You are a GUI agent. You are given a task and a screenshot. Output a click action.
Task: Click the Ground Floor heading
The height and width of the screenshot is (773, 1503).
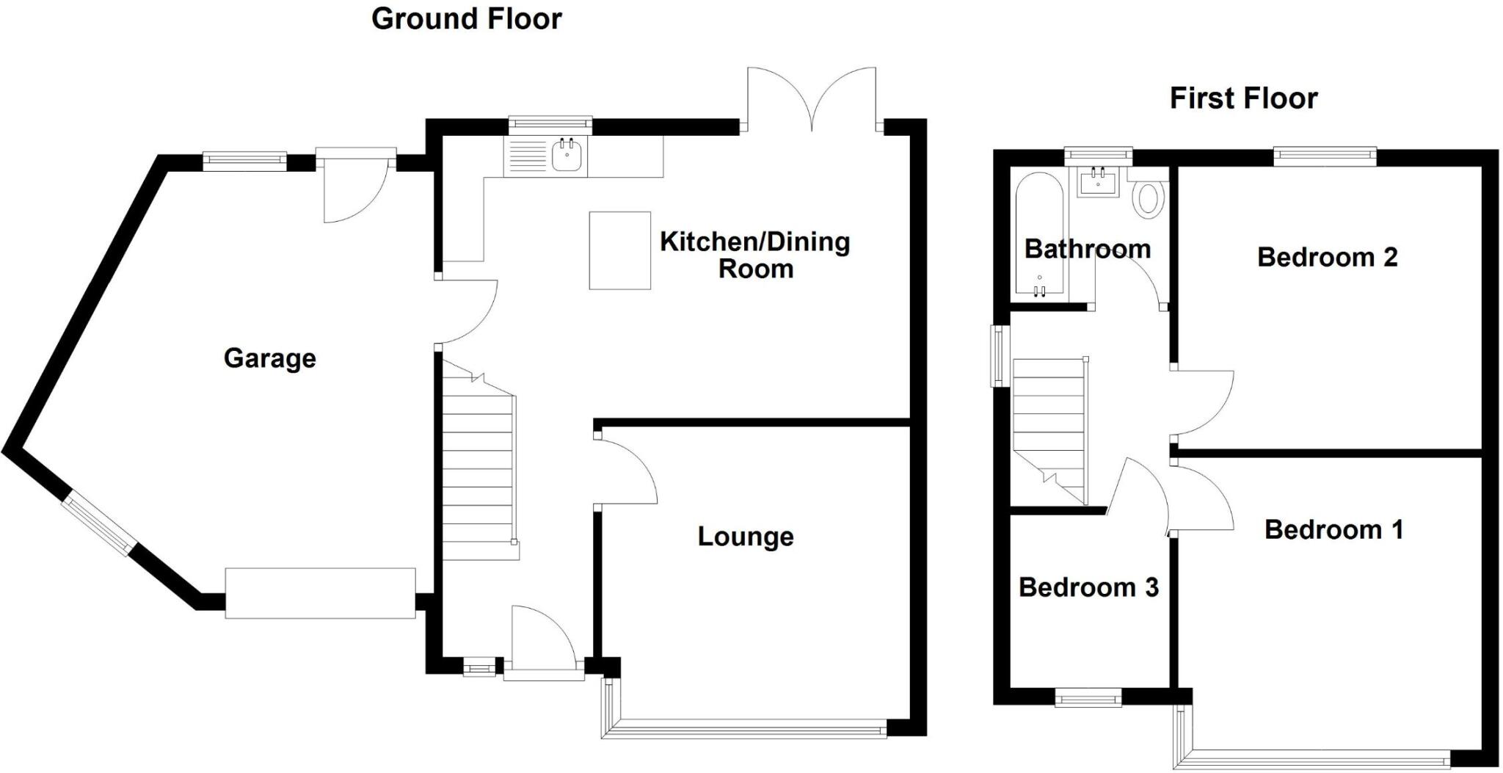click(466, 18)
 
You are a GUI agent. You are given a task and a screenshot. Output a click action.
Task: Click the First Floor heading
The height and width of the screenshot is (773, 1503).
click(1243, 98)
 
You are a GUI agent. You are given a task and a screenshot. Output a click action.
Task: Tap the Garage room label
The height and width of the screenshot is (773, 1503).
click(269, 358)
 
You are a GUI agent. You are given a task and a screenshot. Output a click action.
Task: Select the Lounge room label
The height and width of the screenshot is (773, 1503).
click(745, 537)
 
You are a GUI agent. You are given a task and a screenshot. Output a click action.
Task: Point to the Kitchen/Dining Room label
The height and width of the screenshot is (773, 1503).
click(754, 255)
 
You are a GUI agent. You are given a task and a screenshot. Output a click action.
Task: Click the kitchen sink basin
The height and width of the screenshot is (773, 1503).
click(567, 156)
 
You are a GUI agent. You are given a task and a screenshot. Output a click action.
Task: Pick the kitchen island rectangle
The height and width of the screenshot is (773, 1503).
click(620, 250)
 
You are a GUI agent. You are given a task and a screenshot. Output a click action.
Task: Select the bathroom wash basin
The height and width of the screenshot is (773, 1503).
click(1098, 182)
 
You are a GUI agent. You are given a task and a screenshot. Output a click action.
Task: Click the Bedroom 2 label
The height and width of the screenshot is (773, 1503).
click(1327, 257)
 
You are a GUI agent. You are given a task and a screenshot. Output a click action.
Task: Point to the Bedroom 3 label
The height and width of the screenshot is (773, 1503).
click(1088, 587)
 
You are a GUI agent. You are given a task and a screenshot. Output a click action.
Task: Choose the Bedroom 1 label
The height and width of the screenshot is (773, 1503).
click(1333, 529)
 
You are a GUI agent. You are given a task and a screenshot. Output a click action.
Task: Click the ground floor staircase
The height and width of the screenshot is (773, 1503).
click(478, 470)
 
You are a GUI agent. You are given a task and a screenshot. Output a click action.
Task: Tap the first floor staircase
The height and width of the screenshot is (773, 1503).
click(1049, 426)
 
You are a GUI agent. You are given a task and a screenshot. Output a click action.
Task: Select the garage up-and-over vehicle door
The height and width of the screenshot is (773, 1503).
click(320, 593)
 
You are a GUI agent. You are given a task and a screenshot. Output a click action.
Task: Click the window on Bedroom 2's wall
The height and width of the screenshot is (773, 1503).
click(1324, 153)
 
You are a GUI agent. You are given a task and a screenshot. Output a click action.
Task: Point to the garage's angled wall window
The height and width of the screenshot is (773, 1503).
click(98, 524)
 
